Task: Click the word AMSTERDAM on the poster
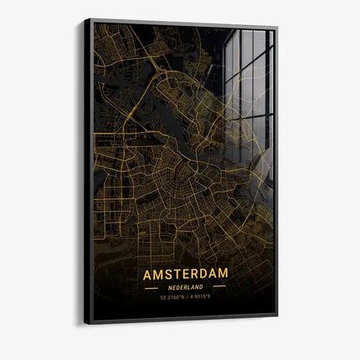pos(185,275)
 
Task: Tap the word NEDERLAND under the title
pos(185,287)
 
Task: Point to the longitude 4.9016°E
pos(205,298)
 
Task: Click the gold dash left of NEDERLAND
pos(152,287)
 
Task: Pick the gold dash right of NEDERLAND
pos(219,287)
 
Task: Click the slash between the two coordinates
pos(186,298)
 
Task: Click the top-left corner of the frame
pos(85,19)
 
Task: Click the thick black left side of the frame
pos(88,167)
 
